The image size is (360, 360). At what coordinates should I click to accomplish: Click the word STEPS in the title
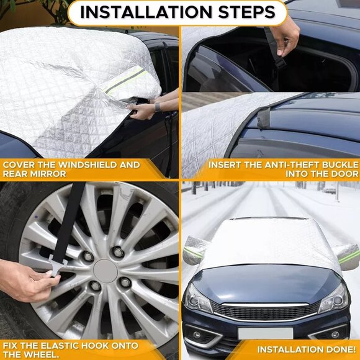click(244, 12)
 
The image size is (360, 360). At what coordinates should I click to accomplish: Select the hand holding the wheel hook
click(25, 280)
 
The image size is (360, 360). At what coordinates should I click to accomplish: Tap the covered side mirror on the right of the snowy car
click(347, 255)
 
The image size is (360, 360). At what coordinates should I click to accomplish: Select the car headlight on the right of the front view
click(334, 300)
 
